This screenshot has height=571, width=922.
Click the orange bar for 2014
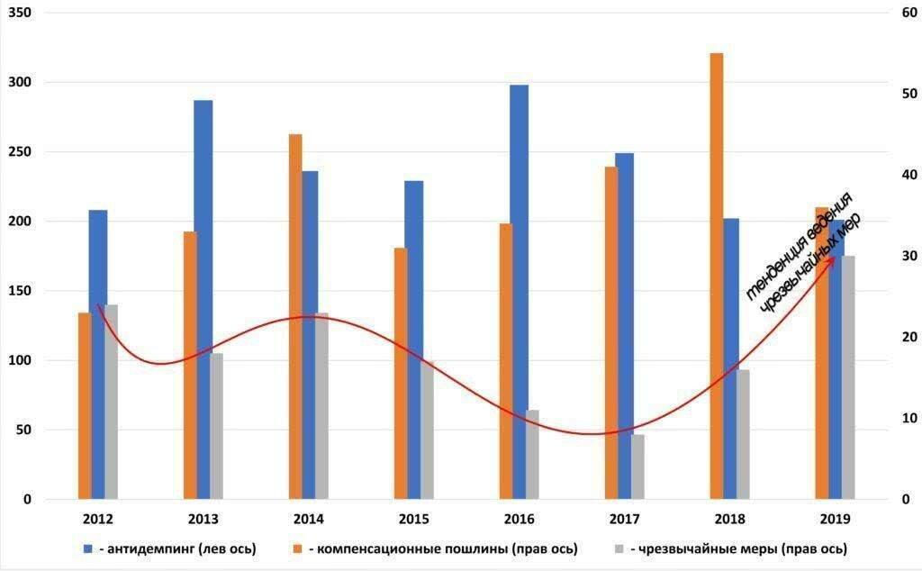(x=295, y=316)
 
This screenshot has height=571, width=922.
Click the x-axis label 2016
(x=519, y=520)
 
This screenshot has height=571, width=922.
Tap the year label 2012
(x=97, y=520)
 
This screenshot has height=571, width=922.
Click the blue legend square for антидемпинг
(x=88, y=548)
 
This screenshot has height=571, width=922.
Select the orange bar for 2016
(x=506, y=361)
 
